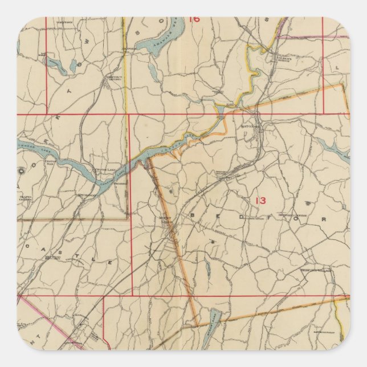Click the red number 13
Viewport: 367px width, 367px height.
[x=260, y=200]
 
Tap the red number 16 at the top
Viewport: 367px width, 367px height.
[x=194, y=19]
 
